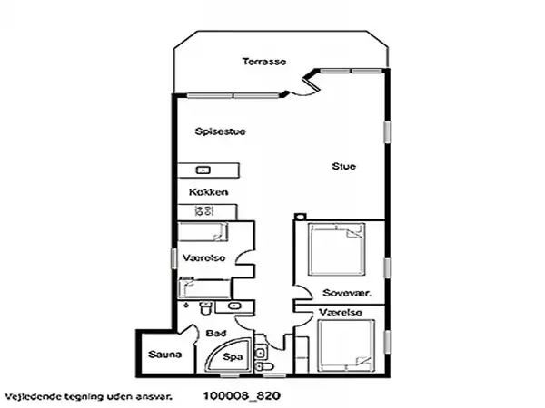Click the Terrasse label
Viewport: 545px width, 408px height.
[x=263, y=62]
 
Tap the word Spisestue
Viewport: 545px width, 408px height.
[x=221, y=131]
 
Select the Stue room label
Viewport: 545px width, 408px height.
[x=343, y=166]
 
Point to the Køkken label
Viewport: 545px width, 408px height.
[x=208, y=193]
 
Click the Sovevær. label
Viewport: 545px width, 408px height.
[x=345, y=293]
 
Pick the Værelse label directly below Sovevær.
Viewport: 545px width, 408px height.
[x=341, y=313]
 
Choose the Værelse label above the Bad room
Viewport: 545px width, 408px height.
[x=203, y=257]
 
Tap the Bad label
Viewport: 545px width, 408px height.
[x=215, y=332]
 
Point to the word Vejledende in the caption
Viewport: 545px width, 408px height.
[x=32, y=396]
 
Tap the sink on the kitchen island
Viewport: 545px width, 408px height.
[x=203, y=170]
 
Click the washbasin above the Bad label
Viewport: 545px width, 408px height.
[x=236, y=306]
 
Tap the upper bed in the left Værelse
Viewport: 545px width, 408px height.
[x=204, y=230]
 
